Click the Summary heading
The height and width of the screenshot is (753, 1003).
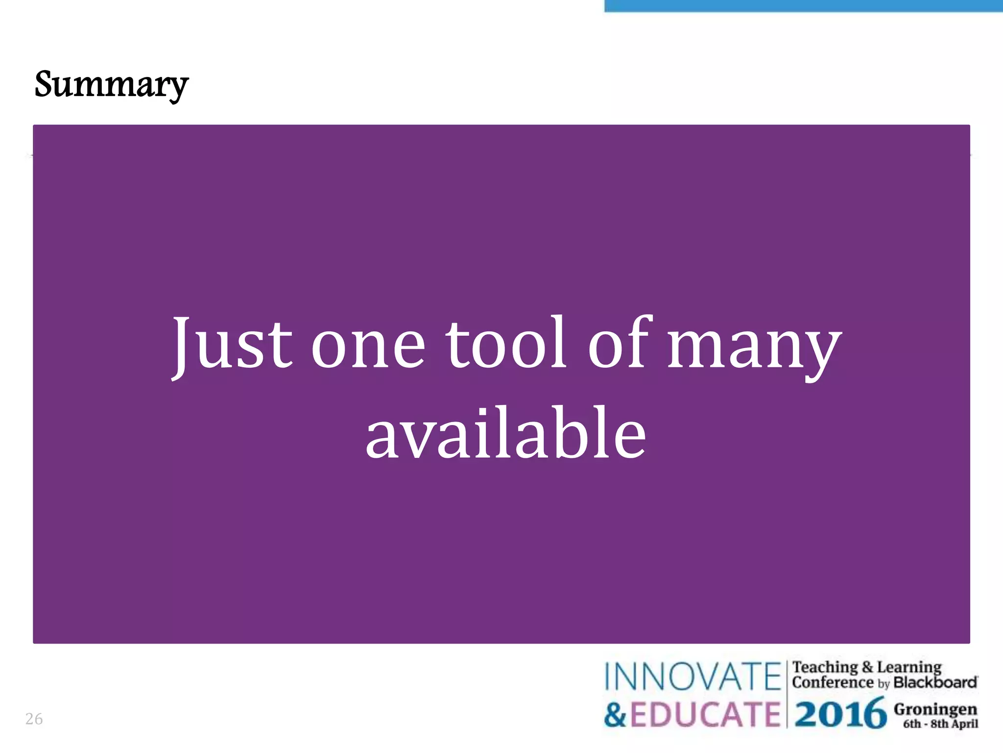(111, 84)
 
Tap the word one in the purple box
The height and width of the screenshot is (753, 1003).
(368, 346)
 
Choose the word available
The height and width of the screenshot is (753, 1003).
(505, 433)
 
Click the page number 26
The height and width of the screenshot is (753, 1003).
(34, 719)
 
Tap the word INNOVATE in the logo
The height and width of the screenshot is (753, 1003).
(693, 677)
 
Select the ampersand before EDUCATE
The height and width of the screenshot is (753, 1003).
(615, 715)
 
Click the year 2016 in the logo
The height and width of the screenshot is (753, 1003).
(840, 714)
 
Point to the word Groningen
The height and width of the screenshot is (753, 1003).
(935, 709)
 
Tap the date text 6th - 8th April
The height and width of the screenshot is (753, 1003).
(940, 724)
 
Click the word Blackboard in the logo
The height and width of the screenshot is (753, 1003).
(935, 682)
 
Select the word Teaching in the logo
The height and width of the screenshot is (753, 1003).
(825, 667)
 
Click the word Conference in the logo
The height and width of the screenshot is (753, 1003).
(833, 682)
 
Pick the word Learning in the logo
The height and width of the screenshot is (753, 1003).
(909, 667)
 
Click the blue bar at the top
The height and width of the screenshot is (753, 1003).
(803, 5)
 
